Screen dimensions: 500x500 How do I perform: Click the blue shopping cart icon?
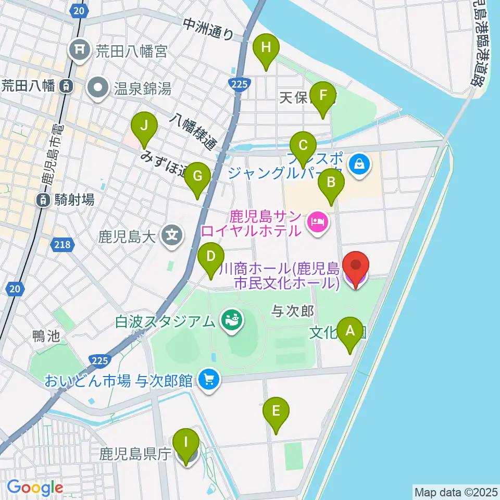tap(209, 379)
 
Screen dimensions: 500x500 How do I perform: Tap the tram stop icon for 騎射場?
tap(43, 199)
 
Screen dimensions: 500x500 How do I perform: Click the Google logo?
tap(35, 488)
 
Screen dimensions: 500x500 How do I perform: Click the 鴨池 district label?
tap(45, 336)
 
